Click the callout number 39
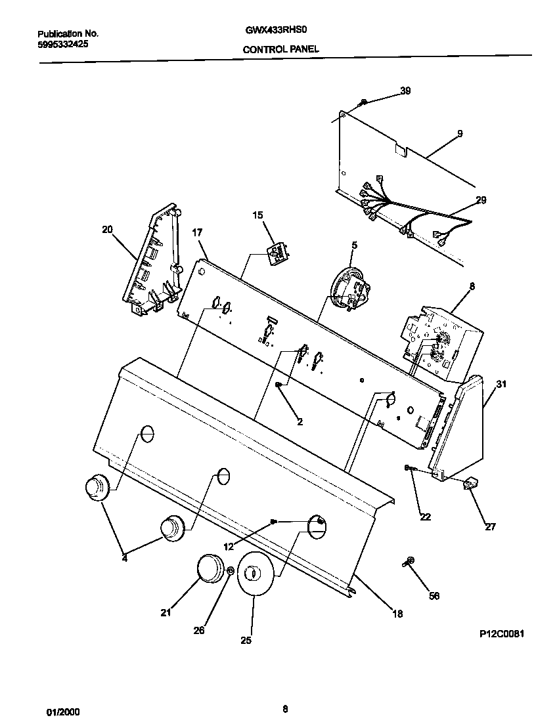pyautogui.click(x=405, y=91)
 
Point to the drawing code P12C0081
pyautogui.click(x=502, y=634)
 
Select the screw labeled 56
pyautogui.click(x=408, y=562)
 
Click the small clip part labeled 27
pyautogui.click(x=470, y=484)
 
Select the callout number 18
pyautogui.click(x=397, y=614)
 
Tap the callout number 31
pyautogui.click(x=501, y=385)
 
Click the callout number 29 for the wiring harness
pyautogui.click(x=481, y=200)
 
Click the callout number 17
pyautogui.click(x=197, y=232)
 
